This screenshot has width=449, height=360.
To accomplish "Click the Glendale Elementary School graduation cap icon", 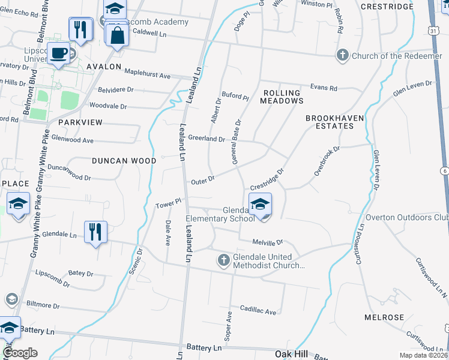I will pyautogui.click(x=260, y=203).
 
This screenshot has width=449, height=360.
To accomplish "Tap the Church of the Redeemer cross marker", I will pyautogui.click(x=342, y=56).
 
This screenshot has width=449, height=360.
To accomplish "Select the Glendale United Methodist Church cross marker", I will pyautogui.click(x=223, y=260).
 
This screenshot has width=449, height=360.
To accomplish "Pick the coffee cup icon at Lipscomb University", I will pyautogui.click(x=59, y=53).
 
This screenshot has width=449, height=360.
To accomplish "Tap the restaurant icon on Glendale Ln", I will pyautogui.click(x=95, y=231).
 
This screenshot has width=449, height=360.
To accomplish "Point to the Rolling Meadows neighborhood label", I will pyautogui.click(x=282, y=97).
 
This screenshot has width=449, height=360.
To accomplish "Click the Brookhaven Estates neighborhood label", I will pyautogui.click(x=334, y=122).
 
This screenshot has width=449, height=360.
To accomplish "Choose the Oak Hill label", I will pyautogui.click(x=291, y=354).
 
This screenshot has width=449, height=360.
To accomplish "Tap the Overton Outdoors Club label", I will pyautogui.click(x=407, y=217).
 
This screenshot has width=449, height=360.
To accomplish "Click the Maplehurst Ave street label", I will pyautogui.click(x=148, y=74).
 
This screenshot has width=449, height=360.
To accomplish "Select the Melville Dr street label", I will pyautogui.click(x=267, y=242).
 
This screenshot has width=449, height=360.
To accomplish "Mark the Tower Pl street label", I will pyautogui.click(x=168, y=204).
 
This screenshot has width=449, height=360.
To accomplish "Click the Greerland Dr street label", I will pyautogui.click(x=206, y=138).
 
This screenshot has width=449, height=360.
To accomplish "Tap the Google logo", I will pyautogui.click(x=20, y=353).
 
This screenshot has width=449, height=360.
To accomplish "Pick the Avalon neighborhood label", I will pyautogui.click(x=104, y=67).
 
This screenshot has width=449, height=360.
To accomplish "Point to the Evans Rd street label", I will pyautogui.click(x=324, y=88).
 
